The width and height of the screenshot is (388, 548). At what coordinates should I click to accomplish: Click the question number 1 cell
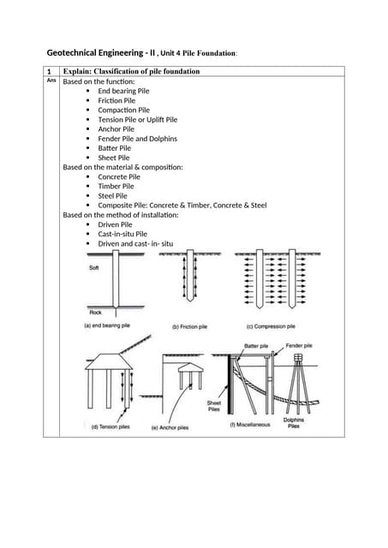(50, 71)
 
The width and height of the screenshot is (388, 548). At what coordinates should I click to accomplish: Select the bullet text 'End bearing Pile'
(123, 91)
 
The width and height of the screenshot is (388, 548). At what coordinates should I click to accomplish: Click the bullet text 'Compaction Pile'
(123, 110)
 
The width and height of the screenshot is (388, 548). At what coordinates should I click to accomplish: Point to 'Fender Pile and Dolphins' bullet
(138, 139)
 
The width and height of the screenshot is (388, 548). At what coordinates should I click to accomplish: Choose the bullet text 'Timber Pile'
(116, 186)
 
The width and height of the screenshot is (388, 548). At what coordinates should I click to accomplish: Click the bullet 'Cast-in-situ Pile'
(122, 234)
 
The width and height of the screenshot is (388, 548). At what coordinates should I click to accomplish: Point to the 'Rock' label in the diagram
(95, 313)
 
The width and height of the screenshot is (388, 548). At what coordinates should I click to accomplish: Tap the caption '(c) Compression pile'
(271, 327)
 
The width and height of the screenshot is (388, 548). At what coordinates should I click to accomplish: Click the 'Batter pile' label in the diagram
(256, 346)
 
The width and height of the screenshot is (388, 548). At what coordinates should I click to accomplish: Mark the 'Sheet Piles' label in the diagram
(213, 406)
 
